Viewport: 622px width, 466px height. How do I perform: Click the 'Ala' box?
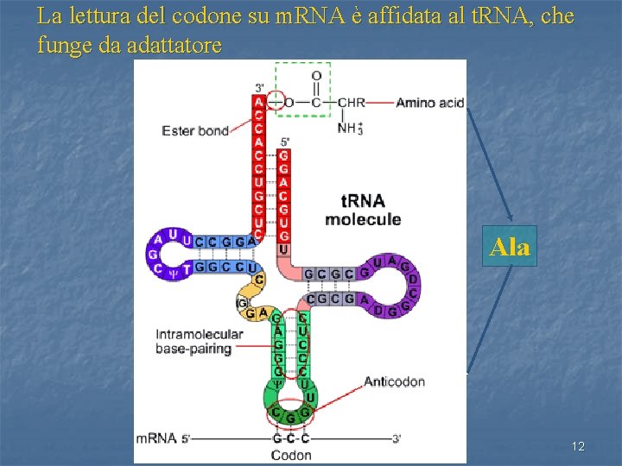coord(510,248)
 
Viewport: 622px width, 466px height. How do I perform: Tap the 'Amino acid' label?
coord(429,103)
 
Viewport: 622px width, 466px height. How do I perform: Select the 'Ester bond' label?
coord(195,131)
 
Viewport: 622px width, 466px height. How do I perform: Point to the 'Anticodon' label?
coord(394,381)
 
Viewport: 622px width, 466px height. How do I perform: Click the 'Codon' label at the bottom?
coord(291,454)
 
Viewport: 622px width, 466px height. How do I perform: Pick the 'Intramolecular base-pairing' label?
coord(194,342)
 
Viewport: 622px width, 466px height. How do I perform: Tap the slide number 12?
coord(578,446)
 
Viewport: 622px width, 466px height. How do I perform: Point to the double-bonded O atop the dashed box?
coord(316,76)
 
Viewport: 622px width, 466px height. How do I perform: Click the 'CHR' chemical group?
coord(351,103)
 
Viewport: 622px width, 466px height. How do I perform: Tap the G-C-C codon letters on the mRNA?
coord(291,438)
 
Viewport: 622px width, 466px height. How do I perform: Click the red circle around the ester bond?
coord(276,102)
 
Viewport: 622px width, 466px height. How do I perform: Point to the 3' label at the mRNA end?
coord(397,438)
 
